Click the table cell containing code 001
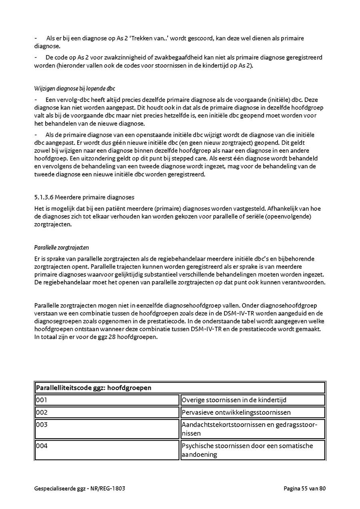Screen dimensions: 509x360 107,400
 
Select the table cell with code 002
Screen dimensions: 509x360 107,412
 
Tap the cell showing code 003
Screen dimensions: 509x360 107,429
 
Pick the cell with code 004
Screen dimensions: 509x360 107,450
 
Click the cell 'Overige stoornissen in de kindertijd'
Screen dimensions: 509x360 252,400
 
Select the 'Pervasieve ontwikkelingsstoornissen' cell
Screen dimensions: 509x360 252,412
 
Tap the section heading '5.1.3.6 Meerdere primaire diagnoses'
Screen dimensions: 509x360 84,197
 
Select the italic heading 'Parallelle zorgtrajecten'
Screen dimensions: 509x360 62,248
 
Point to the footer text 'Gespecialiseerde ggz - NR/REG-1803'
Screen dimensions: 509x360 82,488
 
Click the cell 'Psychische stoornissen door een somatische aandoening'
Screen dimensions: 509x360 252,450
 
